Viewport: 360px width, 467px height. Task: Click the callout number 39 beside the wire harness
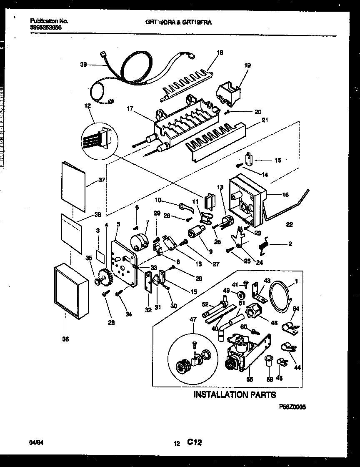pos(83,64)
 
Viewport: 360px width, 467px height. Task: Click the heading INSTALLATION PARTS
pos(235,394)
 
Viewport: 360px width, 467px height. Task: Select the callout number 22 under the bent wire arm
pos(290,224)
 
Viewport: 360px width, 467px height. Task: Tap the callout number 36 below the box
pos(65,339)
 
